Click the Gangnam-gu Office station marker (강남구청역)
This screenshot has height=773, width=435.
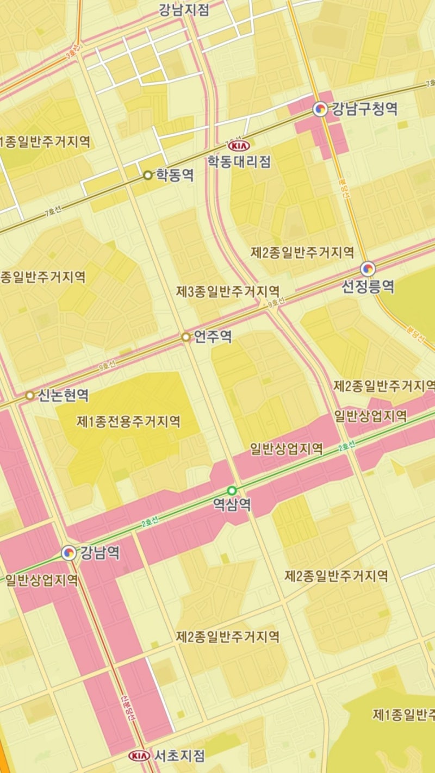click(321, 109)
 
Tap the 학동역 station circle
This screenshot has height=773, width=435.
click(147, 175)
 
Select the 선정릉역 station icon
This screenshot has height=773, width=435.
click(368, 269)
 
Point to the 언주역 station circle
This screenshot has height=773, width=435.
click(186, 337)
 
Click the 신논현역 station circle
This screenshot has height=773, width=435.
click(29, 395)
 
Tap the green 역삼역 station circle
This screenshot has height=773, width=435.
click(232, 490)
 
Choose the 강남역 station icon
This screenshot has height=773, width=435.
click(69, 553)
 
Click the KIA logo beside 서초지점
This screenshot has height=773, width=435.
click(139, 756)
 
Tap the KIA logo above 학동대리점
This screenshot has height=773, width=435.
click(239, 146)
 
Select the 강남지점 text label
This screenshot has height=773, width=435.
click(184, 10)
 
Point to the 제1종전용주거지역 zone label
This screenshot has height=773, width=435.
click(128, 421)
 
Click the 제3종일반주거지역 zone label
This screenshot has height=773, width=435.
click(228, 292)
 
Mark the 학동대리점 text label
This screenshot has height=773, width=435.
click(239, 161)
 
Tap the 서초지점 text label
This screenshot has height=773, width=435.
click(179, 756)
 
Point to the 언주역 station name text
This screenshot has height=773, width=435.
click(213, 337)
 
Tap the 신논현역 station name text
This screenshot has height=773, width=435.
click(63, 395)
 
